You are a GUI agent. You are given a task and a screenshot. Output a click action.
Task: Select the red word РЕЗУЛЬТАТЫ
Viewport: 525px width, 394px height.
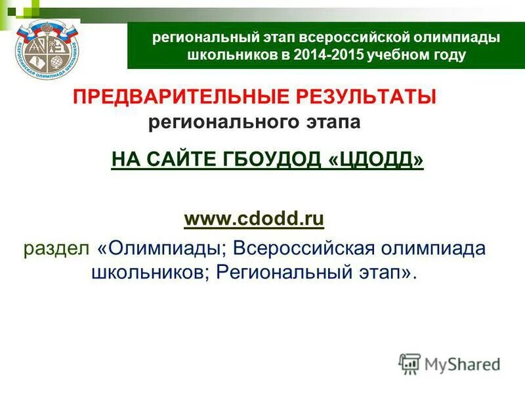[370, 98]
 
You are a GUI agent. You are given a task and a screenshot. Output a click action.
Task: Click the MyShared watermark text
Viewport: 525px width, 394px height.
[462, 363]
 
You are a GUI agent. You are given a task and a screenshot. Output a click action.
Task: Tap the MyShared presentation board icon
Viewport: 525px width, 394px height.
[409, 363]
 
